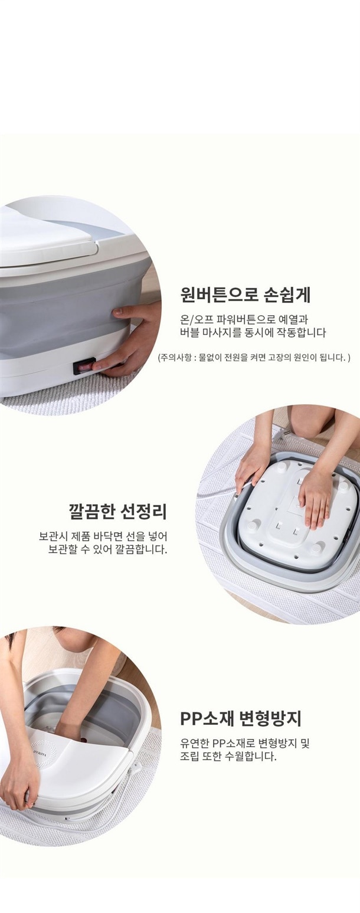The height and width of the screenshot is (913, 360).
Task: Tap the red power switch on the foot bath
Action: tap(84, 368)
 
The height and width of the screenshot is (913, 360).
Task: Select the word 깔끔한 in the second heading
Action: tap(91, 512)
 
